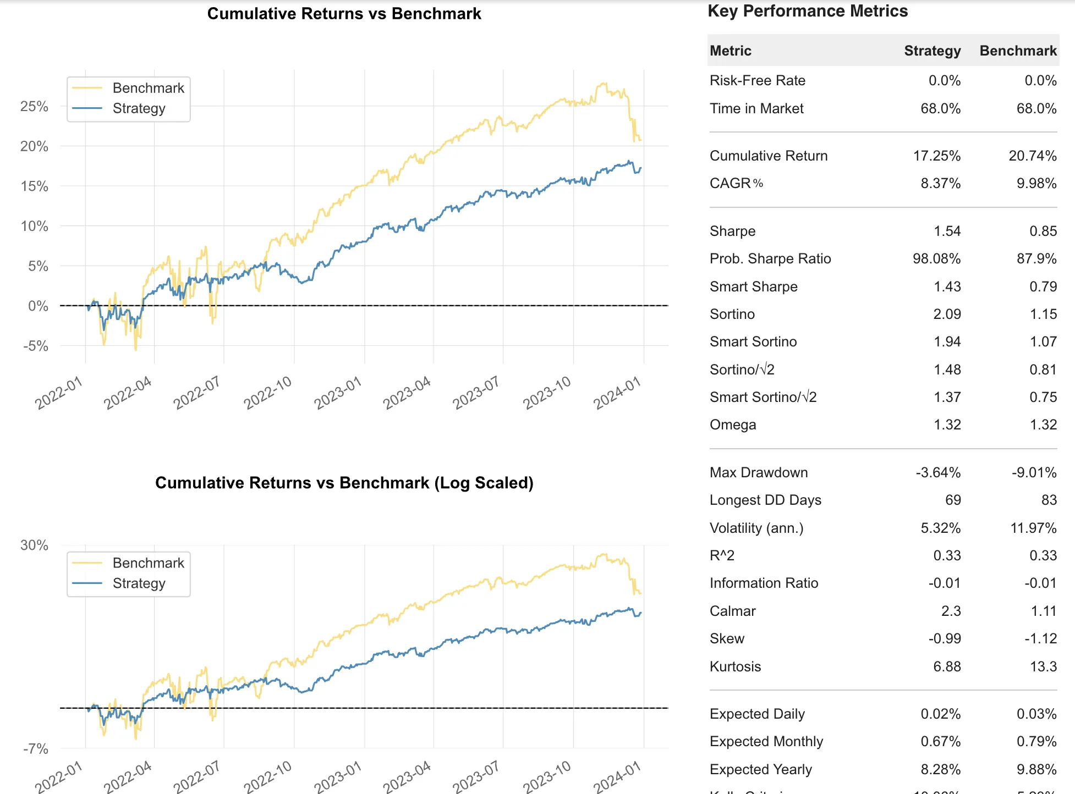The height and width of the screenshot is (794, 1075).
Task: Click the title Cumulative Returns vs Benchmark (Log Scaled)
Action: [x=344, y=482]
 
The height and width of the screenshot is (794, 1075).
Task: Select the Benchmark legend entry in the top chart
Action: [x=148, y=88]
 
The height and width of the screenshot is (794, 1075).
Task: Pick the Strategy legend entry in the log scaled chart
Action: [x=139, y=583]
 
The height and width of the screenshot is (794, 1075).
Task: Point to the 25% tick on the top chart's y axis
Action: [x=34, y=106]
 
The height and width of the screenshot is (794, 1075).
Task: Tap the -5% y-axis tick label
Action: [x=36, y=346]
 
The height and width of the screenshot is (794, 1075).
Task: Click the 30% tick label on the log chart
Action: [x=34, y=545]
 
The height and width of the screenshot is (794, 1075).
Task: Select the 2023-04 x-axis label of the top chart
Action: [x=407, y=393]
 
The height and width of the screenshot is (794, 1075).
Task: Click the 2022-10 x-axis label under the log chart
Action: [x=268, y=777]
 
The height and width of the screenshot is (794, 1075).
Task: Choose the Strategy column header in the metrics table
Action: [x=932, y=51]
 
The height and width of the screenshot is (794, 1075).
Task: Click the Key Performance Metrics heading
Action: [x=807, y=11]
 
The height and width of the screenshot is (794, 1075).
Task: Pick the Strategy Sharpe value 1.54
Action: [x=947, y=231]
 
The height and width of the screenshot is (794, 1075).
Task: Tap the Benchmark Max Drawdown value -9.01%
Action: [x=1034, y=472]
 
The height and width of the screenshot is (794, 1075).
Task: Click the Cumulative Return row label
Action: [x=768, y=156]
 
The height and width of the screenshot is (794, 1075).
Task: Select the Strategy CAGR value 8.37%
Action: [x=940, y=183]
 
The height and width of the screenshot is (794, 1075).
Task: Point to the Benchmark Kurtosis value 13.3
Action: [x=1043, y=666]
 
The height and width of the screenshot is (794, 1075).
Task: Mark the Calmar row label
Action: [x=732, y=611]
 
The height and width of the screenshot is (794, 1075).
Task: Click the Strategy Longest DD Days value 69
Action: [x=953, y=500]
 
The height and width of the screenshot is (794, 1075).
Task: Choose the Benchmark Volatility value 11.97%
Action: [x=1033, y=528]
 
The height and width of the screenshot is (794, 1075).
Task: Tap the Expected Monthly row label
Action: [x=766, y=741]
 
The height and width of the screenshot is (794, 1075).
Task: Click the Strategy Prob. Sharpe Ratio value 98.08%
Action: [x=936, y=258]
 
